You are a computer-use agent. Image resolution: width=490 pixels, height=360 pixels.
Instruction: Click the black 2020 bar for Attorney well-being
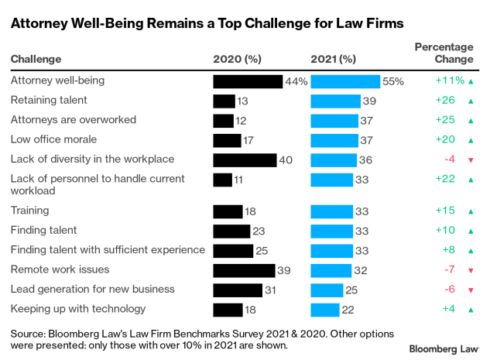pyautogui.click(x=248, y=81)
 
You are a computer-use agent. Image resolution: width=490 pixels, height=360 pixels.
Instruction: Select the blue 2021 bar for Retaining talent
pyautogui.click(x=335, y=101)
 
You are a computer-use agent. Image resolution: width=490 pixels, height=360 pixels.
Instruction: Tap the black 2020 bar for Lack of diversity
pyautogui.click(x=245, y=160)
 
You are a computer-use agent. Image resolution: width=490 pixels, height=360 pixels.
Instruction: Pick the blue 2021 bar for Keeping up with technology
pyautogui.click(x=324, y=310)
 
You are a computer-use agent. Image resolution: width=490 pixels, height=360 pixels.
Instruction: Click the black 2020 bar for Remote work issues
pyautogui.click(x=244, y=270)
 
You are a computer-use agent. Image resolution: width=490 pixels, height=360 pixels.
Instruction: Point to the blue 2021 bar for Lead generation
pyautogui.click(x=327, y=290)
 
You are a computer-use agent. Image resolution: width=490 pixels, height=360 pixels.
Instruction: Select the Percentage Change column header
pyautogui.click(x=444, y=53)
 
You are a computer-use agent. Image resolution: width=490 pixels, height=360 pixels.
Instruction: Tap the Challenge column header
pyautogui.click(x=36, y=59)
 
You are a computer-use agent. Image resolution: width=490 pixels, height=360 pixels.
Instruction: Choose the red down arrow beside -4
pyautogui.click(x=470, y=160)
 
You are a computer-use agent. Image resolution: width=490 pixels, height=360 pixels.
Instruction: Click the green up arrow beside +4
pyautogui.click(x=470, y=310)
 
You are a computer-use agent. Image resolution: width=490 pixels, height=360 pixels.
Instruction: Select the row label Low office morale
pyautogui.click(x=53, y=139)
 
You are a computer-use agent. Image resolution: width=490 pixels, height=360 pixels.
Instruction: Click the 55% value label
pyautogui.click(x=394, y=81)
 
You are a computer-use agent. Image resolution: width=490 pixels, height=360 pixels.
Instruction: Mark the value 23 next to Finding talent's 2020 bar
pyautogui.click(x=259, y=230)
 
